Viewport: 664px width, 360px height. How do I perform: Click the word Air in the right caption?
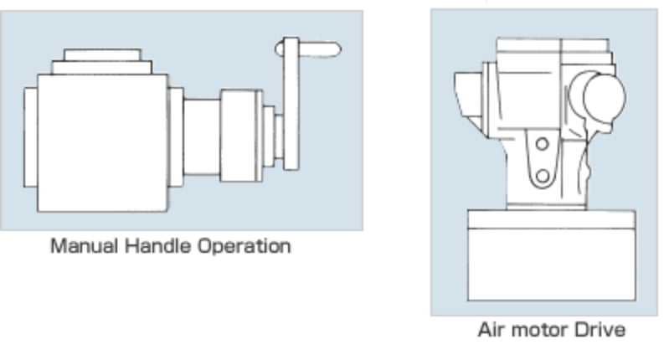coord(492,329)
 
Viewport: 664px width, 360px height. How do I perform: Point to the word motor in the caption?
coord(540,329)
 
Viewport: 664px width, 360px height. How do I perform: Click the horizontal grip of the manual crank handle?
coord(319,50)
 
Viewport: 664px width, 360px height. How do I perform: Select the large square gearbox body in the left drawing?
coord(101,142)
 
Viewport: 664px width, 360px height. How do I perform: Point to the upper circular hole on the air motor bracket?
coord(542,144)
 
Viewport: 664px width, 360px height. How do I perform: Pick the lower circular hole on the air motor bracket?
coord(543,176)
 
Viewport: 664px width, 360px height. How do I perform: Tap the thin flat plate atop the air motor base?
coord(550,220)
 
